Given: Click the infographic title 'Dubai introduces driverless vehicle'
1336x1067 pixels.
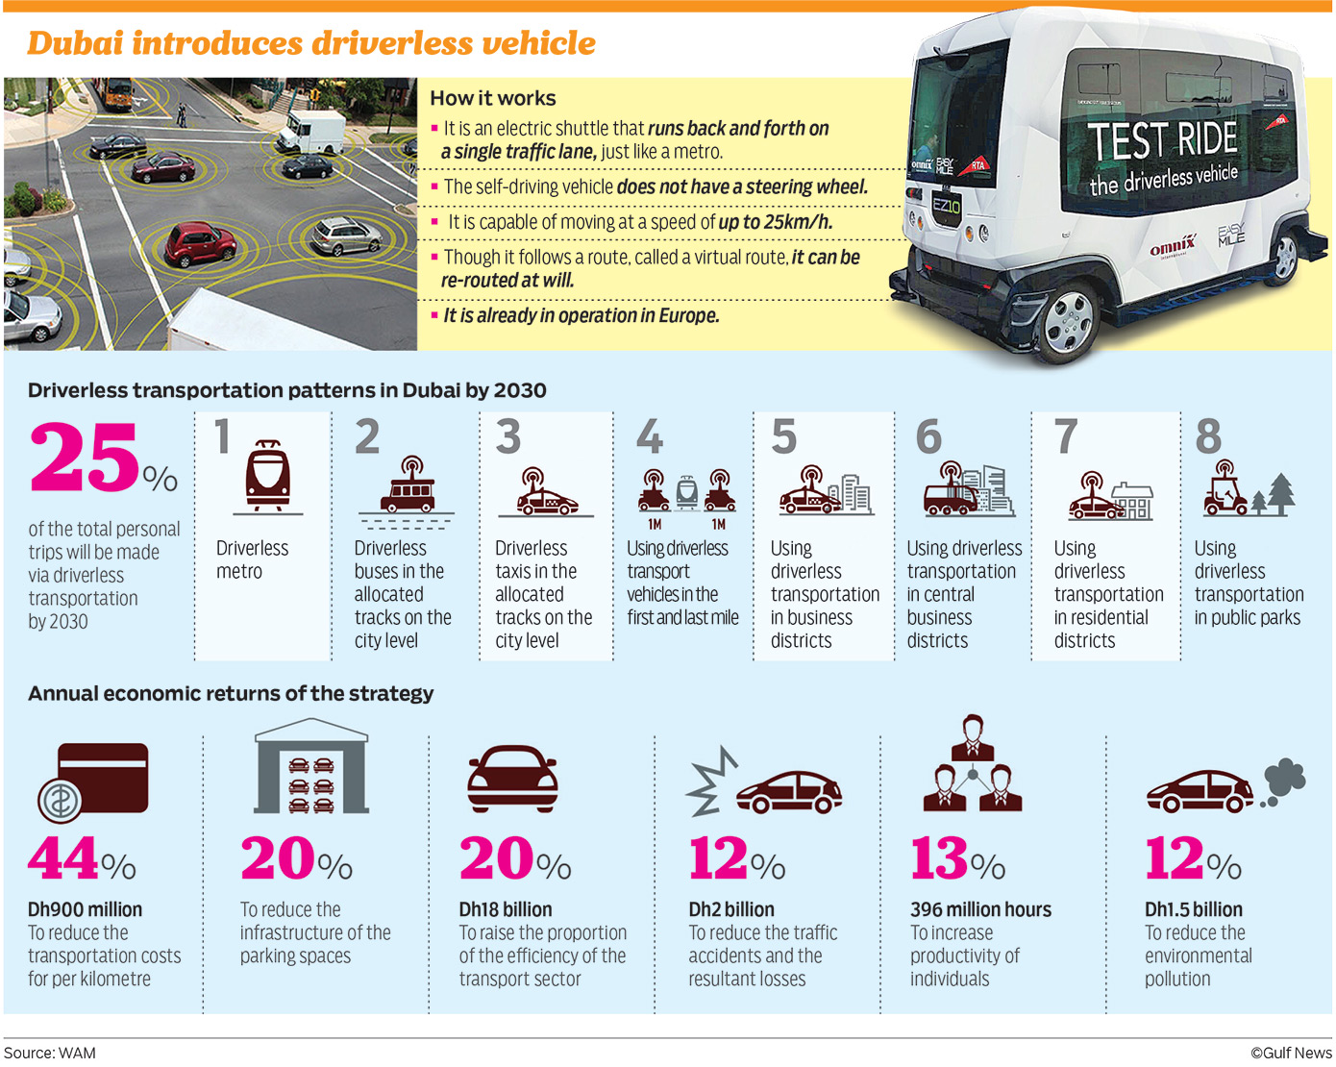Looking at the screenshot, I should [x=310, y=43].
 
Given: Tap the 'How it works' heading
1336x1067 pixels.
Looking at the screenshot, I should [x=492, y=98].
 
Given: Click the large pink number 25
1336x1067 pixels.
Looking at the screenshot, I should [x=86, y=459].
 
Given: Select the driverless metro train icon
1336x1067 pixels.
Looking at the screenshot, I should [x=267, y=476].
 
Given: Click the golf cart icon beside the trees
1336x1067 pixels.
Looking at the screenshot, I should [x=1225, y=489].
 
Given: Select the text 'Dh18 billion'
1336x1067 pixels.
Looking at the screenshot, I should [x=506, y=909].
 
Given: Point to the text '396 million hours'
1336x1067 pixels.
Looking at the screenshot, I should [x=980, y=909].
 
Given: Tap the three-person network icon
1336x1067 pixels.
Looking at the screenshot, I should [x=972, y=765].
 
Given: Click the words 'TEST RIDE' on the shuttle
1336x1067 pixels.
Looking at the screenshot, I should [x=1163, y=140].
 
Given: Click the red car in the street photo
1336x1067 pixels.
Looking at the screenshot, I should [x=199, y=242].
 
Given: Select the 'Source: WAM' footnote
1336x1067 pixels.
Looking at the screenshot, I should [x=50, y=1053].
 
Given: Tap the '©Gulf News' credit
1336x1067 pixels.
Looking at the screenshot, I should [x=1290, y=1053].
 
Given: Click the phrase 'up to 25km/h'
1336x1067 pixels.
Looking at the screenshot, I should [x=775, y=222].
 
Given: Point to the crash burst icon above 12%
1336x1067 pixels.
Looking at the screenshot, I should [x=712, y=783].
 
